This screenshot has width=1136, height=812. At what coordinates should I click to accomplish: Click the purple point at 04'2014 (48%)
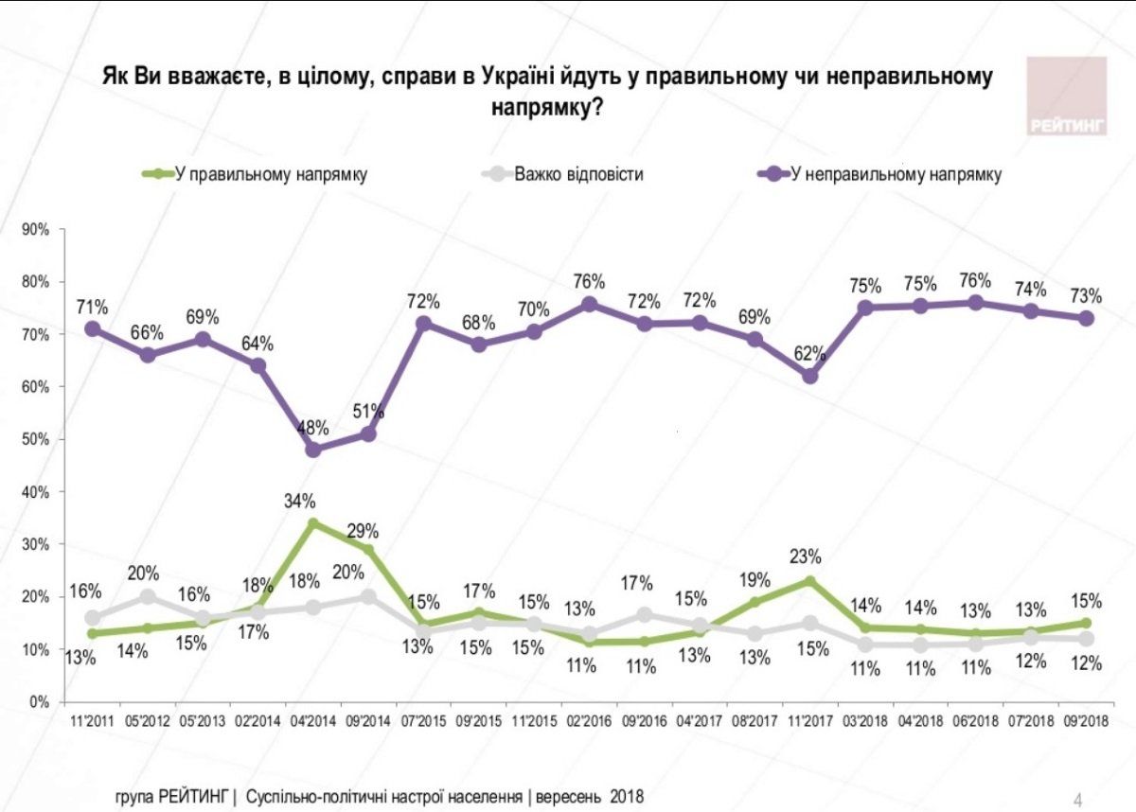tap(313, 450)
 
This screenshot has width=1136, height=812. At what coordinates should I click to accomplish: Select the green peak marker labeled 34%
tap(313, 522)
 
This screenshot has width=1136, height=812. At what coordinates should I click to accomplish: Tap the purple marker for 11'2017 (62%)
tap(809, 376)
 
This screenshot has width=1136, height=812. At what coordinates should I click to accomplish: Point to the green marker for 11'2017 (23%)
tap(809, 580)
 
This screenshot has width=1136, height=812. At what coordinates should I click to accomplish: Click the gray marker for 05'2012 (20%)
tap(148, 596)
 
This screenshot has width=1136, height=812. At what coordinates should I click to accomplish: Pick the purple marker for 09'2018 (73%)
tap(1087, 318)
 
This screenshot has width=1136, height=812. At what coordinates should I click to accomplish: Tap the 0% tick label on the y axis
tap(40, 702)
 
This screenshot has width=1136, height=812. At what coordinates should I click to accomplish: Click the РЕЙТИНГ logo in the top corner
tap(1067, 96)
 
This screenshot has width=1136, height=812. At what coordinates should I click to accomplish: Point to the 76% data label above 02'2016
tap(589, 281)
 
